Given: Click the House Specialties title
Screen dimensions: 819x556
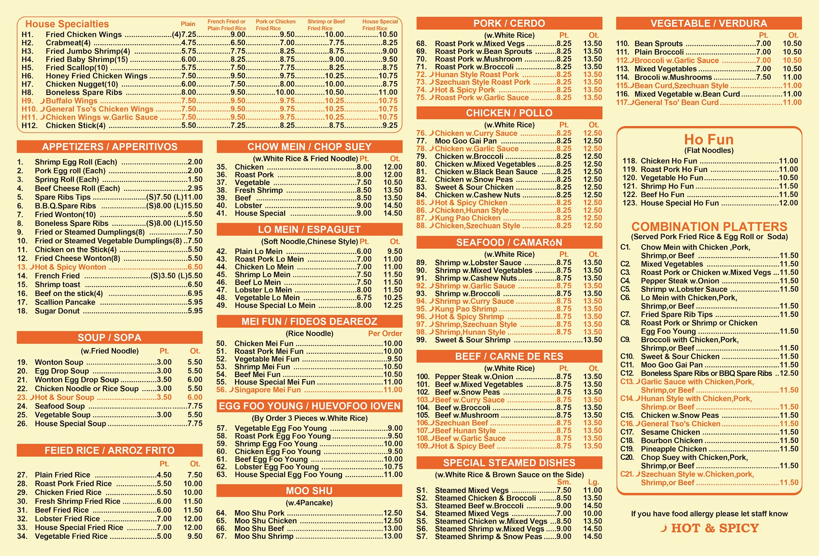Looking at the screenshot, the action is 67,24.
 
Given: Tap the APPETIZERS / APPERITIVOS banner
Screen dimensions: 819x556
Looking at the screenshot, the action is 110,147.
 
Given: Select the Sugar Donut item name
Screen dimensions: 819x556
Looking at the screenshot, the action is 57,311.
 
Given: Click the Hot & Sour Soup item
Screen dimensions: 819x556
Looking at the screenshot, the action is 64,397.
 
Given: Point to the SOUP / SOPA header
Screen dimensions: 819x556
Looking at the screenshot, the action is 110,337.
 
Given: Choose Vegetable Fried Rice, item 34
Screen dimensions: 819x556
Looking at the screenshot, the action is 71,536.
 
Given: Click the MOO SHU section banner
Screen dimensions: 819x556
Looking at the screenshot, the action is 309,490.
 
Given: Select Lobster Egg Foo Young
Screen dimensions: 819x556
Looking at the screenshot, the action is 276,467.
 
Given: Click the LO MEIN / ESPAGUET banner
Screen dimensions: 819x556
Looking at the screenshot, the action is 309,229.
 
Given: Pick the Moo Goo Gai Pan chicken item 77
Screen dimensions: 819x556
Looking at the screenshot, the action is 466,141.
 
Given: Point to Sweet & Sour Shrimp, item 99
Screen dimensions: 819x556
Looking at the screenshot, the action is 473,340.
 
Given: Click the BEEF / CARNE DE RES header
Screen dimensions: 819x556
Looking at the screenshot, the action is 509,356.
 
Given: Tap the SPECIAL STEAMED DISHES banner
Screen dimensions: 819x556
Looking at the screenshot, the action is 509,463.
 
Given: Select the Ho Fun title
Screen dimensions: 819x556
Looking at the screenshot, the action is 709,139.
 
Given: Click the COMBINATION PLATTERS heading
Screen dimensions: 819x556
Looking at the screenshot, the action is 709,226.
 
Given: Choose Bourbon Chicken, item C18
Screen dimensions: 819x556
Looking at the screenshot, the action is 672,441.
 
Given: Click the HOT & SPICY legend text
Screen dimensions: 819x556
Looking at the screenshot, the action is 715,528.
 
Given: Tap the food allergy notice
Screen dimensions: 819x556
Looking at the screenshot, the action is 709,513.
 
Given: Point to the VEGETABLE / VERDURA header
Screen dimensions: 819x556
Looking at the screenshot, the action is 709,23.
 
